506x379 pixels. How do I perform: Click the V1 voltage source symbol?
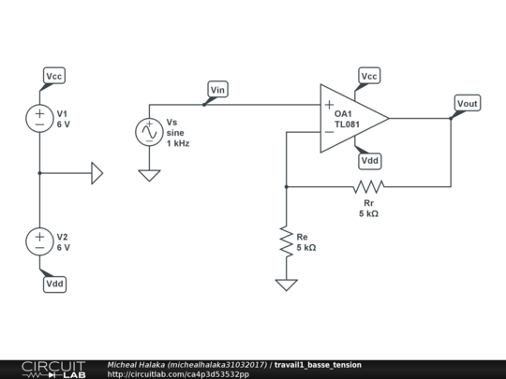pos(39,117)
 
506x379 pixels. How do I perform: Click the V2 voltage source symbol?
pos(39,241)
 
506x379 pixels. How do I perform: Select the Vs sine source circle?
pos(149,133)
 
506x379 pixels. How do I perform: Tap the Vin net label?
pos(217,90)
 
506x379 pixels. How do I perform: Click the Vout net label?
pos(467,102)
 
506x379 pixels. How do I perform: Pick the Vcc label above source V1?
pos(54,75)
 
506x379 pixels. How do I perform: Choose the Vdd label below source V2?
pos(54,284)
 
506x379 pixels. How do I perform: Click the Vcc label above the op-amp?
pos(369,76)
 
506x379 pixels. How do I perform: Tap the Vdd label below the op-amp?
pos(369,161)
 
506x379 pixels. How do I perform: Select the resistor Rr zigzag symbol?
pos(368,186)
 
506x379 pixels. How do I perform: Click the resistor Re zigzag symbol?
pos(285,242)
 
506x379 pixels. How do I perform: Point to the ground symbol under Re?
pos(285,284)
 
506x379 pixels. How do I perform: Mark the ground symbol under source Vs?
pos(149,175)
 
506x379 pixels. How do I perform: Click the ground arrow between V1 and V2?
pos(97,173)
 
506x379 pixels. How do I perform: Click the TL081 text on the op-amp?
pos(349,124)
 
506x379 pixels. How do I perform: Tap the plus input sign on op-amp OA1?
pos(329,104)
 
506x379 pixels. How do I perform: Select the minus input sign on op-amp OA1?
pos(329,132)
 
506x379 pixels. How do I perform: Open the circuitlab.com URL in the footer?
pos(178,374)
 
